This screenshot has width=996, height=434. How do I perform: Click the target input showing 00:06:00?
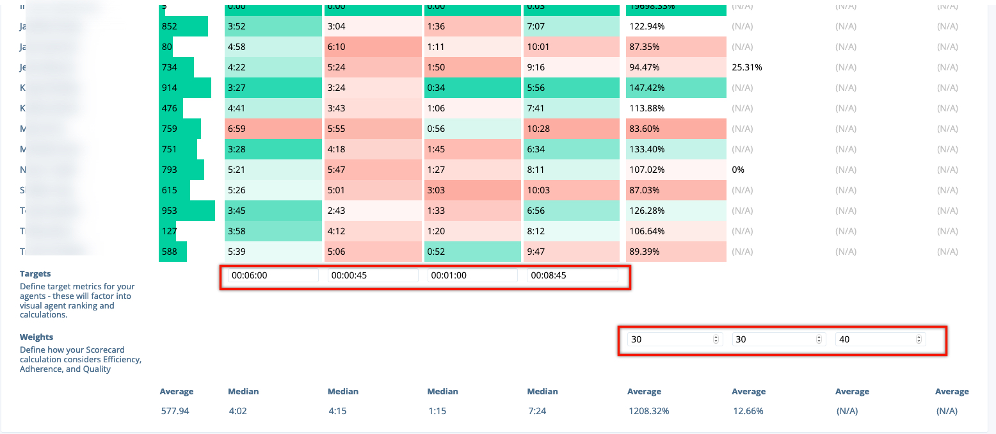(273, 275)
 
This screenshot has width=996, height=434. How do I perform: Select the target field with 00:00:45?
(373, 275)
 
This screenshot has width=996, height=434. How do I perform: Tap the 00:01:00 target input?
(472, 275)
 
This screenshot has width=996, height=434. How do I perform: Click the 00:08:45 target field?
(572, 275)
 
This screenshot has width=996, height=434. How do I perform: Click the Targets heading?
(35, 273)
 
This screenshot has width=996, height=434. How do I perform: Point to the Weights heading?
(36, 337)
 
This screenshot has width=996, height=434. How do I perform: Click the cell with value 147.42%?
(676, 88)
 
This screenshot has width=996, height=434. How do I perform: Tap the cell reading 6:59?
(273, 129)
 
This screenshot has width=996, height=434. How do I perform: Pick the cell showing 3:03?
(472, 190)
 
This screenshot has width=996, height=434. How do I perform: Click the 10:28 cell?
(572, 129)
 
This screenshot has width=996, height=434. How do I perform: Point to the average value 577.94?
(175, 411)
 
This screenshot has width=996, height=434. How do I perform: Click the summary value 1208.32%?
(648, 411)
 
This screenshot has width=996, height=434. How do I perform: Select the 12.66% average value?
(748, 411)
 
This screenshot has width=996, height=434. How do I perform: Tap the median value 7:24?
(537, 411)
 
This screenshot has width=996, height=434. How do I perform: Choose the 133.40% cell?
(676, 149)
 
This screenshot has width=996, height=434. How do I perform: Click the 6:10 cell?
(373, 47)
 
